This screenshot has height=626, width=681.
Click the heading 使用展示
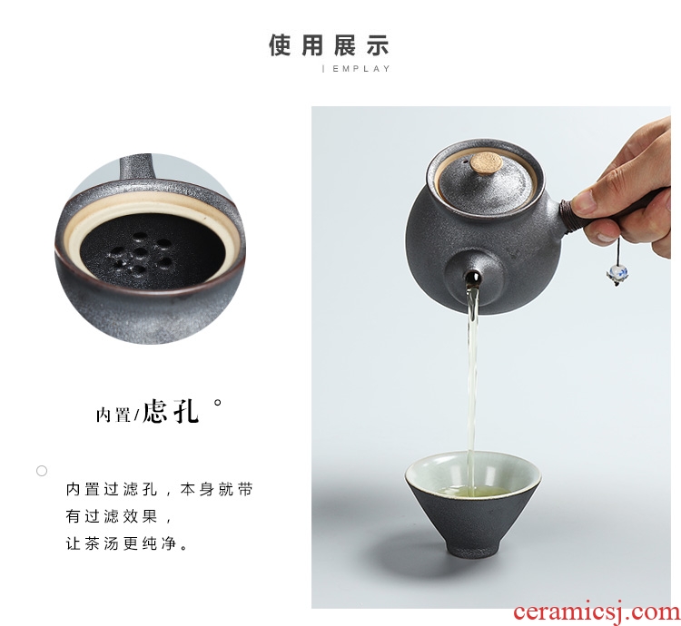(329, 45)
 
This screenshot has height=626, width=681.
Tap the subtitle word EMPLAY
(361, 69)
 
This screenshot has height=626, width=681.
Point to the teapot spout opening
(472, 278)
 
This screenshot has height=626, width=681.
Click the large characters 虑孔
(171, 410)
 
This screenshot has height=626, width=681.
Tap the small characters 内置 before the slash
(113, 415)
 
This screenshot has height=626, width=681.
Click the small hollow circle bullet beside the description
(42, 471)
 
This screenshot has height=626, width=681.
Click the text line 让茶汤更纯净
(127, 543)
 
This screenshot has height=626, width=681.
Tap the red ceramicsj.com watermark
(597, 611)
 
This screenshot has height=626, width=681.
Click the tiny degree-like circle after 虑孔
(218, 402)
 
